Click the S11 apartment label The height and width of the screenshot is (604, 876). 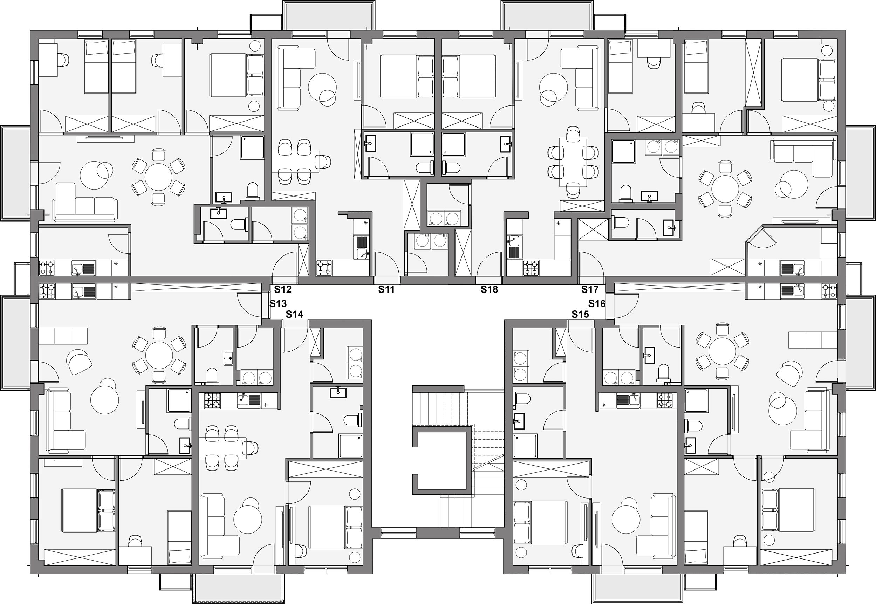tap(386, 289)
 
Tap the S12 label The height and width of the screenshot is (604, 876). tap(283, 289)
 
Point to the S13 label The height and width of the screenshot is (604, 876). tap(278, 303)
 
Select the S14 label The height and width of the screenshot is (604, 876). tap(294, 314)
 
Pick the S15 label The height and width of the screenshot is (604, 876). tap(580, 314)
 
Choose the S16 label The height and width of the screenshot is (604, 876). tap(597, 303)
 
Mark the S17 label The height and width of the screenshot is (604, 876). tap(590, 289)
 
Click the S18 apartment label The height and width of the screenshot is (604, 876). tap(489, 289)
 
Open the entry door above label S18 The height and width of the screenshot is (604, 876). tap(489, 265)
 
